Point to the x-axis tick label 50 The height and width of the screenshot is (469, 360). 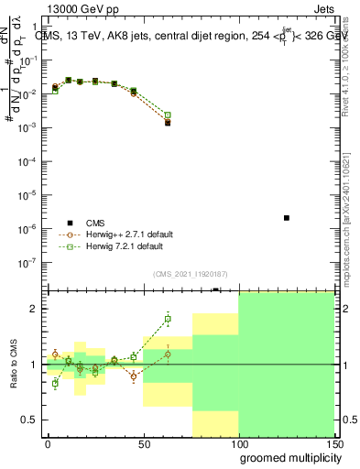click(143, 442)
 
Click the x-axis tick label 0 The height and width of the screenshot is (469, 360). click(48, 442)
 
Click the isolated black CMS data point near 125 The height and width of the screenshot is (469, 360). click(287, 218)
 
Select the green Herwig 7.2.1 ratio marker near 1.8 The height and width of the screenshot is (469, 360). click(168, 320)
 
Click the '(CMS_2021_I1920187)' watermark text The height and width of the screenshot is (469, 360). click(191, 273)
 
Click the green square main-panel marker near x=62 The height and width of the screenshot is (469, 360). click(168, 115)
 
